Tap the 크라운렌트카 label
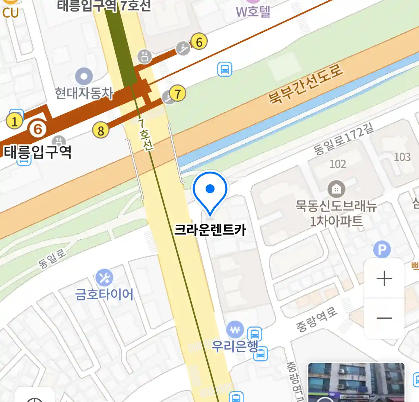click(x=210, y=230)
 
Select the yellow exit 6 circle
click(x=199, y=42)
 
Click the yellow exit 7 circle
click(x=178, y=93)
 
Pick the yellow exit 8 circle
click(x=101, y=130)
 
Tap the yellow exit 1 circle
click(x=15, y=121)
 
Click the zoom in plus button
click(x=384, y=278)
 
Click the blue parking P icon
click(x=382, y=249)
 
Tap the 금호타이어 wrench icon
click(x=104, y=278)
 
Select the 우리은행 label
click(x=235, y=346)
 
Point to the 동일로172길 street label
click(x=343, y=139)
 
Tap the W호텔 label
click(x=253, y=12)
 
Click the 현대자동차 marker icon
click(x=84, y=77)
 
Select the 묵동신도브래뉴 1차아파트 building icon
click(x=336, y=189)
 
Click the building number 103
click(x=402, y=157)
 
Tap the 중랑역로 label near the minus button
click(x=317, y=319)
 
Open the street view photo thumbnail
click(x=356, y=383)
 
